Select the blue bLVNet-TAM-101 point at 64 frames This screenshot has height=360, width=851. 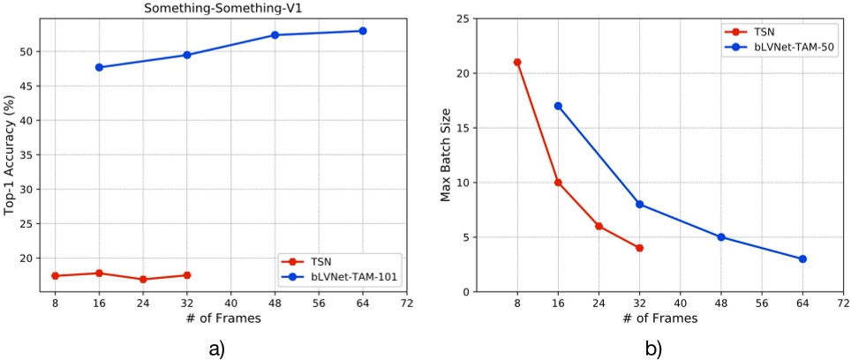[362, 31]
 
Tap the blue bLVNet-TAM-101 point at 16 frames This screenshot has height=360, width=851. [99, 67]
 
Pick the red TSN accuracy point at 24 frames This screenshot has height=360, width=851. [143, 280]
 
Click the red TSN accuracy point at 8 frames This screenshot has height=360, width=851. [55, 276]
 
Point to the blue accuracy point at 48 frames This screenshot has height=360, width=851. [275, 35]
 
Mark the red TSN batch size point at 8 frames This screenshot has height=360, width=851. [517, 62]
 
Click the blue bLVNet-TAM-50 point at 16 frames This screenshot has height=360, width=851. [558, 106]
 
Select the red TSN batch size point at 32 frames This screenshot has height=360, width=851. [639, 248]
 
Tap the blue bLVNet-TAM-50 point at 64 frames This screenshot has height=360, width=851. [802, 259]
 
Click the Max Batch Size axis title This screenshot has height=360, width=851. [446, 155]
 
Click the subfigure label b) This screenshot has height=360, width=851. [652, 348]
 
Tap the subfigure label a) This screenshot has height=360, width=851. [216, 348]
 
